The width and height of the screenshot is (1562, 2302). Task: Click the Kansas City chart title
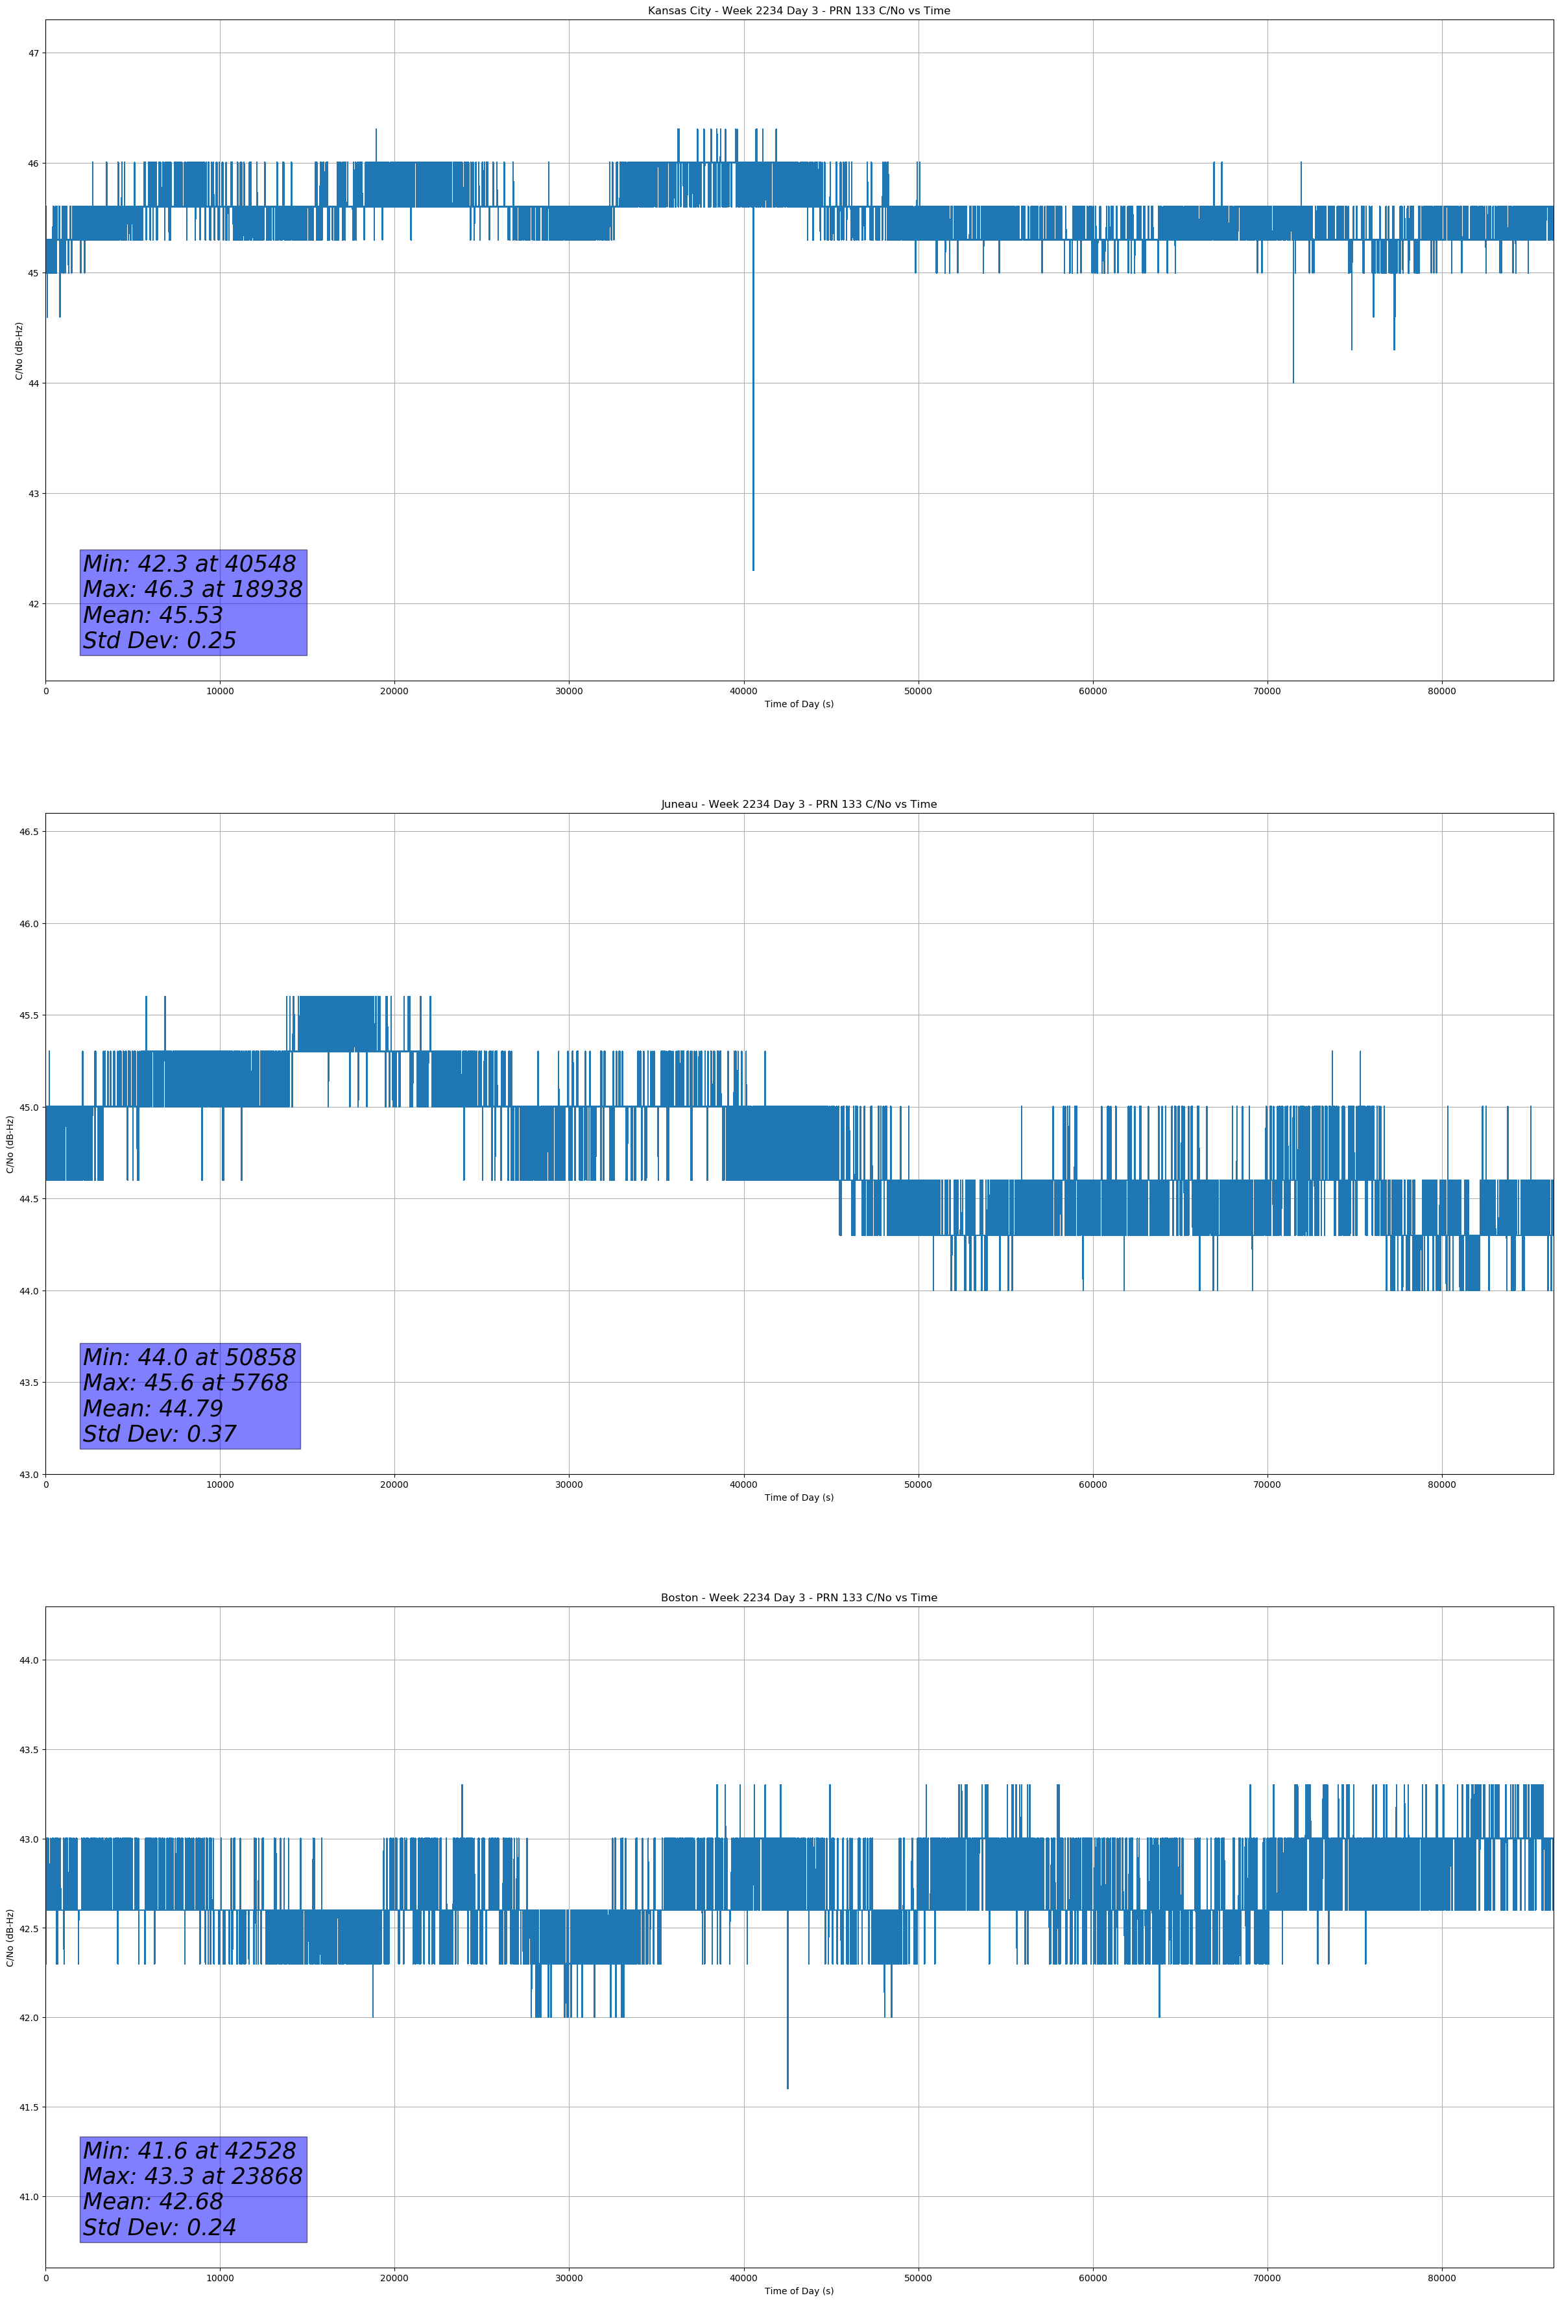tap(799, 11)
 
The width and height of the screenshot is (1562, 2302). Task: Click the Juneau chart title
tap(799, 805)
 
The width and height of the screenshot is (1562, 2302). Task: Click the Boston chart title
tap(799, 1598)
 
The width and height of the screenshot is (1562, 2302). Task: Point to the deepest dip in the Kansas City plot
tap(752, 568)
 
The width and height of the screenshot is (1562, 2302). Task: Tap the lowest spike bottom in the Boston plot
tap(787, 2087)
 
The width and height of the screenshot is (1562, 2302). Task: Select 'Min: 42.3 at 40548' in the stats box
tap(189, 564)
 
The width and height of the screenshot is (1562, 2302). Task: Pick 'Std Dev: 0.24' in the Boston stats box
tap(160, 2227)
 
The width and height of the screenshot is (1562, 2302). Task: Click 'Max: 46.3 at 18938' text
tap(192, 589)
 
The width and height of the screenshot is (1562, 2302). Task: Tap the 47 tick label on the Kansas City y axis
tap(32, 53)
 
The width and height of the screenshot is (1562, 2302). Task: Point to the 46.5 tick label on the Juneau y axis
tap(29, 832)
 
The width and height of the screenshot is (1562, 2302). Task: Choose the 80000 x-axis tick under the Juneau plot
tap(1441, 1484)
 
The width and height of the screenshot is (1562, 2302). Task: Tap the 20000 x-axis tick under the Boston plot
tap(394, 2278)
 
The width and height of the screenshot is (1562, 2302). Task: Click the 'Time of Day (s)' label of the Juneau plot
tap(799, 1497)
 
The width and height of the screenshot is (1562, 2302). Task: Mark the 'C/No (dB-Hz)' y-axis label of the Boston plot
tap(10, 1937)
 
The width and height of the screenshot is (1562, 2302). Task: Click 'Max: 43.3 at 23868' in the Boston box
tap(192, 2176)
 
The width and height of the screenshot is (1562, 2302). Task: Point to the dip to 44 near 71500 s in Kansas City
tap(1293, 380)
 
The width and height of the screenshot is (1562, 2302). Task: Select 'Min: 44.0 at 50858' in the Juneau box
tap(189, 1357)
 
